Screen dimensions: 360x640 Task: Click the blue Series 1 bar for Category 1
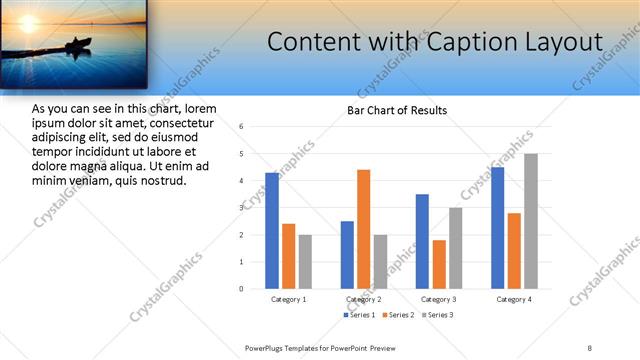[272, 230]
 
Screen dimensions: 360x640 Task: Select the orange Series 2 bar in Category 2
[363, 229]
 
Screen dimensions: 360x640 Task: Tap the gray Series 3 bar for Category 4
[531, 221]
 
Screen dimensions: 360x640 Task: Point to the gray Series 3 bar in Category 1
[306, 261]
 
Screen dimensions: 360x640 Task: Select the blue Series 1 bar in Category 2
[347, 254]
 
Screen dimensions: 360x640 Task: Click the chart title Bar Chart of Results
[397, 110]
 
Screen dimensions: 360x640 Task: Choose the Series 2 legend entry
[398, 315]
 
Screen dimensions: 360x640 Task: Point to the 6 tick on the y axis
[241, 127]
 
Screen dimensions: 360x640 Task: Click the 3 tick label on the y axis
[241, 208]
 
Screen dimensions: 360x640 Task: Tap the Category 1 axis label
[289, 299]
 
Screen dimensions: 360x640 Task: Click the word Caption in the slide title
[465, 43]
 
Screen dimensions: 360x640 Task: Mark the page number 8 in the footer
[589, 347]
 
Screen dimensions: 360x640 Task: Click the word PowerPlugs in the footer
[266, 347]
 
